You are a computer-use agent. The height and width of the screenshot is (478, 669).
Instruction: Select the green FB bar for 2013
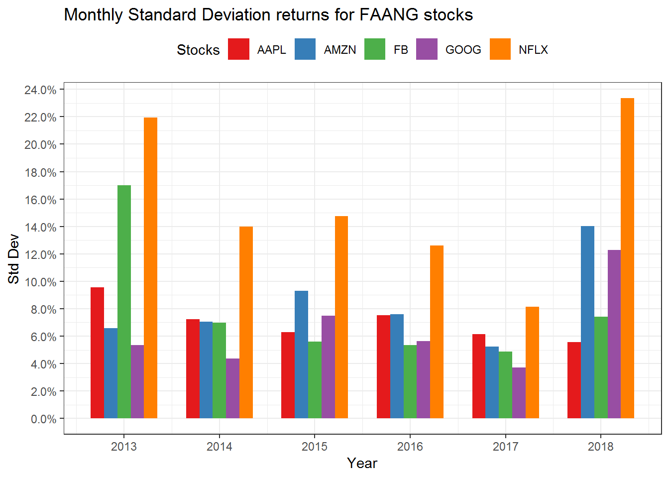point(124,302)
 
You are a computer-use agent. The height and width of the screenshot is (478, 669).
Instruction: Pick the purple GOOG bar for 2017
point(519,393)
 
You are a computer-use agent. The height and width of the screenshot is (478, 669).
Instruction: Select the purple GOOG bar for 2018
point(614,334)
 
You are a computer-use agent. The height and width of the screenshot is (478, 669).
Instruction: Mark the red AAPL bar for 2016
point(383,366)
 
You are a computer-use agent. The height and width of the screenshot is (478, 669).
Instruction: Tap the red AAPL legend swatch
point(238,49)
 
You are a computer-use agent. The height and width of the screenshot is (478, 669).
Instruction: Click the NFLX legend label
point(533,50)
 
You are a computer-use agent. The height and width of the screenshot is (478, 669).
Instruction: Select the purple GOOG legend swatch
point(427,49)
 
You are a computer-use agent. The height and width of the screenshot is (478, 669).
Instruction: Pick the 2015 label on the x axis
point(315,447)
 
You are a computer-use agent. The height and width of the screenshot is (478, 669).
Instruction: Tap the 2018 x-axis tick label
point(601,447)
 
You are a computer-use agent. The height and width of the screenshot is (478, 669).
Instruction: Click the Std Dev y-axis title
point(14,259)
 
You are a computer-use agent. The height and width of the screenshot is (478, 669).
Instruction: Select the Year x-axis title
point(362,464)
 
